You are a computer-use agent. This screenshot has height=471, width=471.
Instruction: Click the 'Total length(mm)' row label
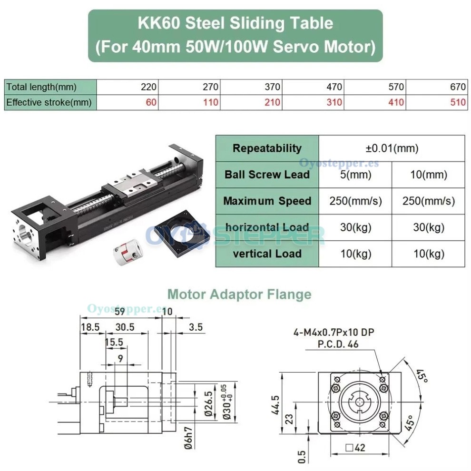(41, 87)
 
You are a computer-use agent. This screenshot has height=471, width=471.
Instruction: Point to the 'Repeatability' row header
(267, 148)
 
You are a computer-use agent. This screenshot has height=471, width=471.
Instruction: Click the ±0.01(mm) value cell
(392, 148)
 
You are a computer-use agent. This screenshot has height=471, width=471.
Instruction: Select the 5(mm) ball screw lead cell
(355, 175)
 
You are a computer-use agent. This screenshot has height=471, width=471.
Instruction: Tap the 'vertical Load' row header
(267, 254)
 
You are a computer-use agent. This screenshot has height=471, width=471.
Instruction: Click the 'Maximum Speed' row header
(267, 201)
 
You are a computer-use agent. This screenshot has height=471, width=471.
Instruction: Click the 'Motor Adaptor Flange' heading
(239, 294)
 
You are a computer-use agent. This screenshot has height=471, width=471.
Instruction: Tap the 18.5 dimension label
(90, 327)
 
